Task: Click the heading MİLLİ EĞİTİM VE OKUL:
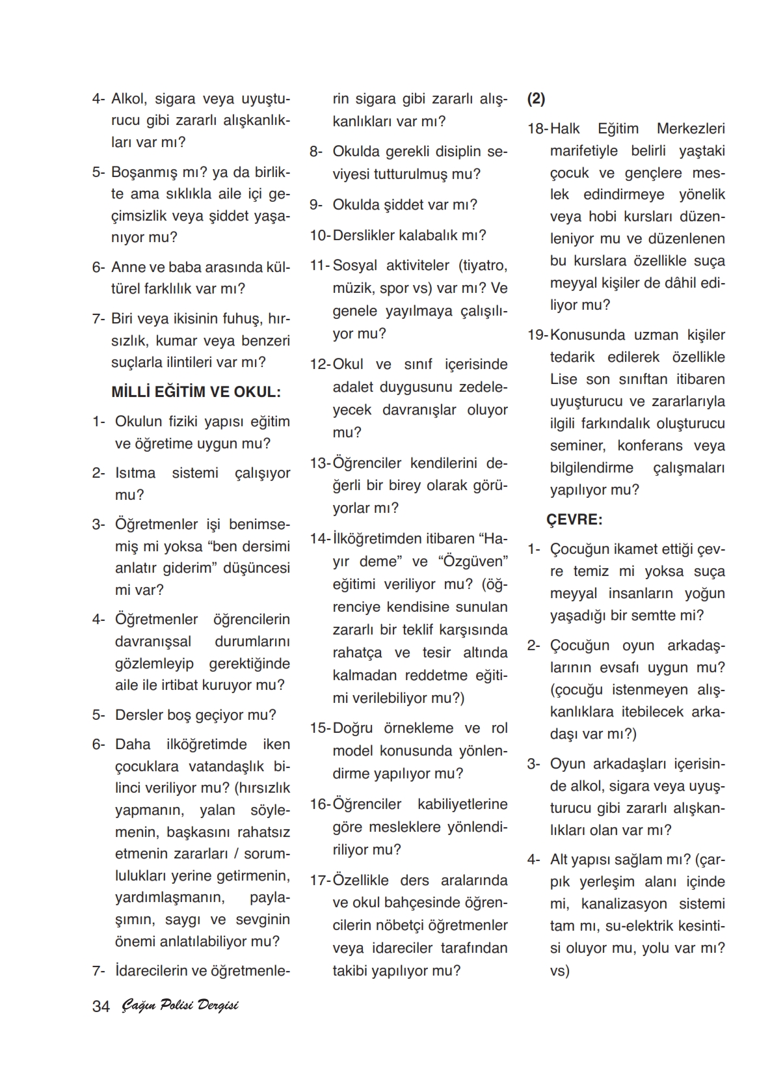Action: point(196,392)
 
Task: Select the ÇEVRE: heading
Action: point(574,519)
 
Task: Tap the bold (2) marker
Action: point(537,99)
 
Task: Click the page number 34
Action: point(101,1006)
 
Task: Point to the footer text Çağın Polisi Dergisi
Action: point(180,1006)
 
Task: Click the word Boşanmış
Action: point(140,172)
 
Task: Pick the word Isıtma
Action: point(135,472)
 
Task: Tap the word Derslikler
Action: point(364,235)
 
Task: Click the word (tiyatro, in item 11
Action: point(483,265)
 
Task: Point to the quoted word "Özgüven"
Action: point(473,561)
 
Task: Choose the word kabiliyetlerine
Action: point(462,804)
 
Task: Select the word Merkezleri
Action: point(691,129)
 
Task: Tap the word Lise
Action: point(563,379)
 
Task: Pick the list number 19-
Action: point(537,335)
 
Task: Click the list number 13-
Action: point(320,463)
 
